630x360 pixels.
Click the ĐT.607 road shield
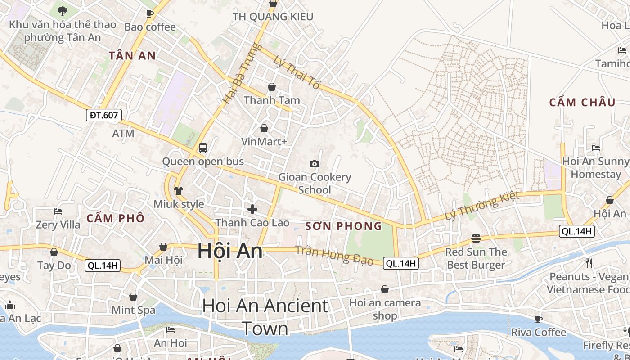tap(103, 115)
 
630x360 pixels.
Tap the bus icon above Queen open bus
tap(203, 148)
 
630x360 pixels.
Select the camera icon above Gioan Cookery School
tap(315, 164)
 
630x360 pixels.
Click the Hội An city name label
tap(230, 251)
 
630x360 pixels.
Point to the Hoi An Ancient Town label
tap(265, 317)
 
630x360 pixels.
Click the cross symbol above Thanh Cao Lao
tap(252, 209)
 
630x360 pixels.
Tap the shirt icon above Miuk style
tap(179, 190)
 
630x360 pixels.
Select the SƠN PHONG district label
tap(343, 226)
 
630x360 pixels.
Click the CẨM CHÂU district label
tap(582, 103)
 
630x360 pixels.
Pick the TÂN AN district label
tap(132, 56)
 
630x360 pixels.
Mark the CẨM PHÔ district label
tap(115, 219)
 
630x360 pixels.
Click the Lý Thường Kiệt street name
tap(482, 206)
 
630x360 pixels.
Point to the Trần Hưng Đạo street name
tap(334, 255)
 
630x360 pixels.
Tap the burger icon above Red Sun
tap(476, 238)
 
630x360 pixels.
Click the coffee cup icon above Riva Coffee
tap(538, 319)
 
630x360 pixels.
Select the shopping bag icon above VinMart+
tap(264, 128)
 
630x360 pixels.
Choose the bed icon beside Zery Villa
tap(58, 211)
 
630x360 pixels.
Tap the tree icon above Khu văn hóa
tap(63, 11)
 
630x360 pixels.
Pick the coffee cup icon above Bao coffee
tap(150, 13)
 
